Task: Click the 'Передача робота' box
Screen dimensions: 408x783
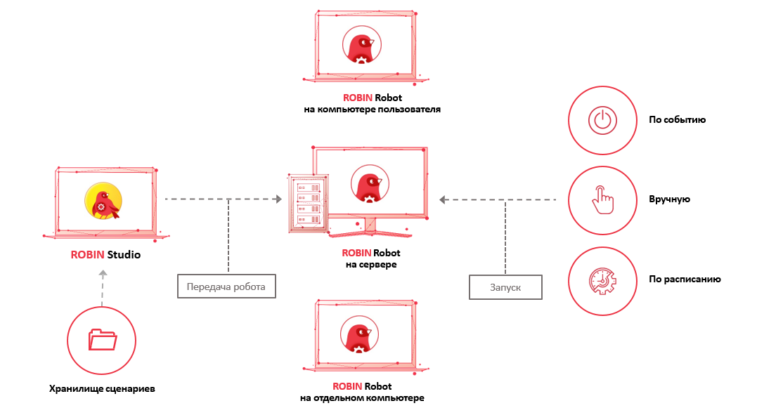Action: click(225, 287)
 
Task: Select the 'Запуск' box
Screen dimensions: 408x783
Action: click(505, 287)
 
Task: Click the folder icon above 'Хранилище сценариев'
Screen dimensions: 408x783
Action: click(102, 340)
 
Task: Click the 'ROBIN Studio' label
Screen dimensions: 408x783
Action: click(105, 255)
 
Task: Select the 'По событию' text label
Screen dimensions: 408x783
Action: click(677, 120)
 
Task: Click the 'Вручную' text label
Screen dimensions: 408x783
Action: click(669, 199)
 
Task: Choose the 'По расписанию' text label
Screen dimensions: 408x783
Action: click(685, 279)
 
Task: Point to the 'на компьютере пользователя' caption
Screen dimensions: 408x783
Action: click(371, 110)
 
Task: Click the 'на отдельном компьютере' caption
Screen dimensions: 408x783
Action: click(361, 398)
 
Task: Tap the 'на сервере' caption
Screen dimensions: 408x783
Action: click(371, 265)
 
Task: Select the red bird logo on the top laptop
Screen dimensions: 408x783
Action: click(361, 48)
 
